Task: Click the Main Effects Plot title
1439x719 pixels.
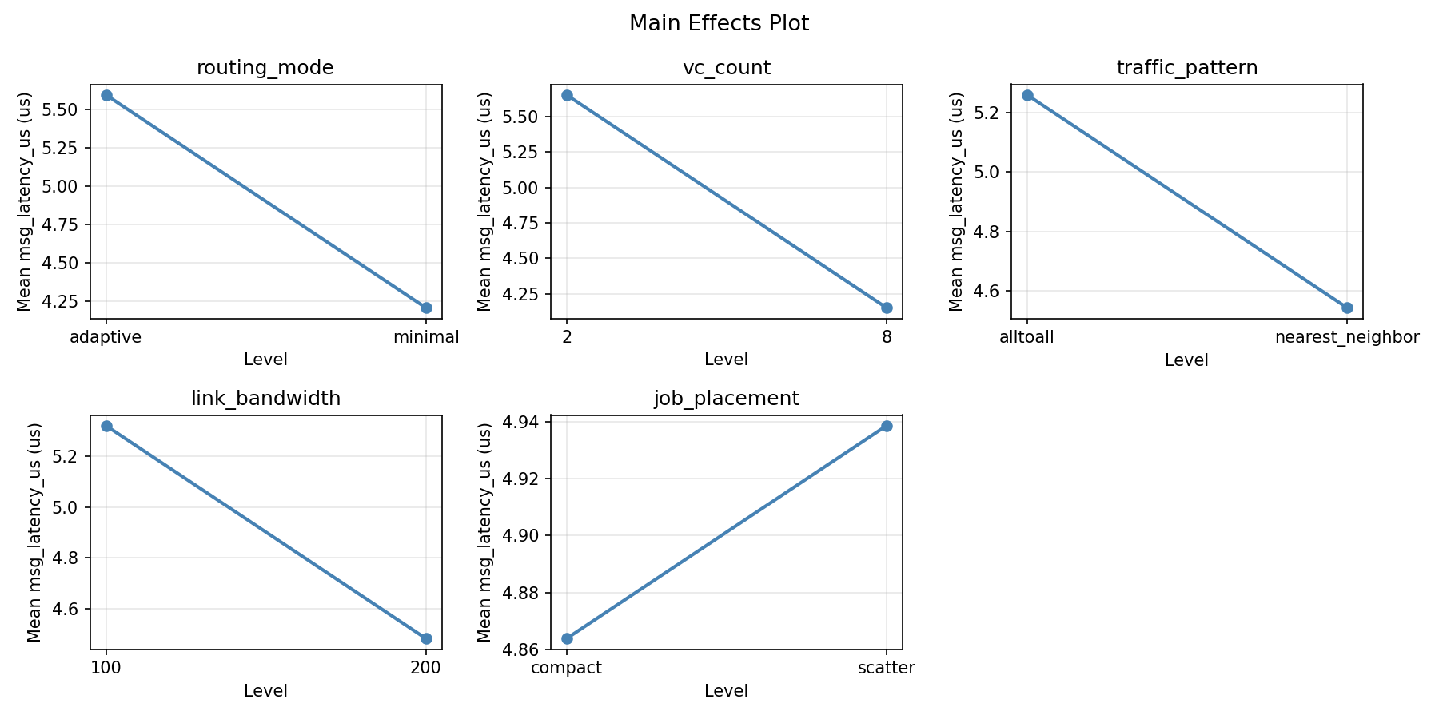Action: point(719,24)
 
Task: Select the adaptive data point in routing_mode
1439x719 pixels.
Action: point(106,96)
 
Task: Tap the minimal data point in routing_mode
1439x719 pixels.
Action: point(426,308)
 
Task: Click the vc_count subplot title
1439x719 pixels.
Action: point(727,68)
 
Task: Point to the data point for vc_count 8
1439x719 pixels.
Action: point(887,308)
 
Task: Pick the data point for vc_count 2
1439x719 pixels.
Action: point(567,96)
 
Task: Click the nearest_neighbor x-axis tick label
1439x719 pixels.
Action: point(1347,337)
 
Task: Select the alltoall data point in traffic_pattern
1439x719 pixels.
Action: point(1027,96)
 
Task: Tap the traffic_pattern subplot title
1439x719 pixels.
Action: point(1187,68)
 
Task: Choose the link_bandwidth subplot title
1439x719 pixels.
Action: point(266,399)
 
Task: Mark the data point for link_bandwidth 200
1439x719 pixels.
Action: point(426,638)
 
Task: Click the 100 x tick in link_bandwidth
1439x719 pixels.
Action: point(106,668)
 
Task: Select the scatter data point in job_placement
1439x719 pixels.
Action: point(887,426)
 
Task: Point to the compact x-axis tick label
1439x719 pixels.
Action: point(567,668)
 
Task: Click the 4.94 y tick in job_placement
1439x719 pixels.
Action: point(522,422)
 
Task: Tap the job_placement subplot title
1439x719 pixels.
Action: point(727,399)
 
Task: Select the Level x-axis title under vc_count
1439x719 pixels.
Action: point(727,359)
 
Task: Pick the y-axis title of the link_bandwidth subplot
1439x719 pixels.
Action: point(34,532)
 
